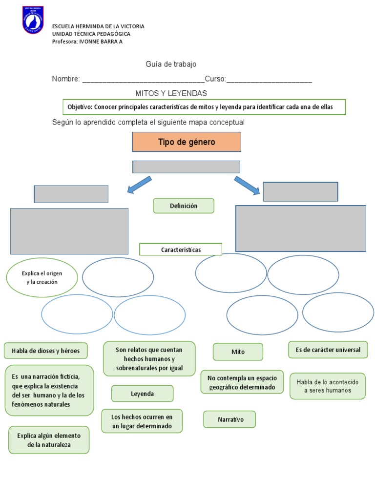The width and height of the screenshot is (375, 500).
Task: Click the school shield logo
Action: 33,20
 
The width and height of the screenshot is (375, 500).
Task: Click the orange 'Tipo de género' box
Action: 187,142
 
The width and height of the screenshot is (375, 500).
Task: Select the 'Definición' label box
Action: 184,206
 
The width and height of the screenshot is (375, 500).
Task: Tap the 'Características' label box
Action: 181,250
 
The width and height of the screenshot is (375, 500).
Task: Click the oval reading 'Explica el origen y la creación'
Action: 42,277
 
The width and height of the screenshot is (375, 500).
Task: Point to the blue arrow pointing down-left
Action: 139,185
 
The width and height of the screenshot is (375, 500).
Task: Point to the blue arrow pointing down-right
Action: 248,186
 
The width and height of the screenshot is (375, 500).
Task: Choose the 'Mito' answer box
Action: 238,352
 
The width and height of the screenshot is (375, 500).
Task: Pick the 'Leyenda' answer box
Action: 142,394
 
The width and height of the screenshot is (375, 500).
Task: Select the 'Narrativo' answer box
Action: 229,419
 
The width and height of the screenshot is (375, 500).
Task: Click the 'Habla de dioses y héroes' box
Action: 46,351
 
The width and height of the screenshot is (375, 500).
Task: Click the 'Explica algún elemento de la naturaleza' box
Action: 49,439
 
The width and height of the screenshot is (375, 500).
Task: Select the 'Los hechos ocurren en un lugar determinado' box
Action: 142,421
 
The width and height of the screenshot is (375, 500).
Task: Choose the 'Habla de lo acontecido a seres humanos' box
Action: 327,386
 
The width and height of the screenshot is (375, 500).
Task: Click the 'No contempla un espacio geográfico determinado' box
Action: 242,382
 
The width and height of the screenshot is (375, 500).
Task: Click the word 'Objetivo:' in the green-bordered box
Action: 80,107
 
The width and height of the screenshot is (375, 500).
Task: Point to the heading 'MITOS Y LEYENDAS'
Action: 171,93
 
